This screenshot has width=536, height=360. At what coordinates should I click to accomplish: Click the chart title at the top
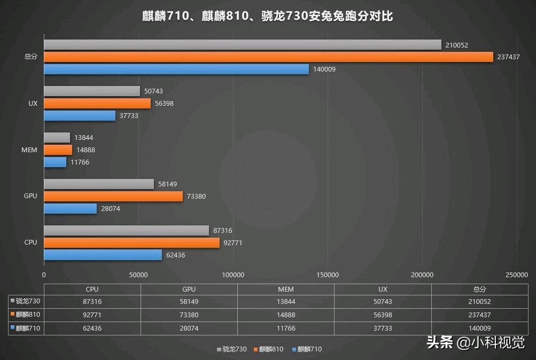(x=268, y=16)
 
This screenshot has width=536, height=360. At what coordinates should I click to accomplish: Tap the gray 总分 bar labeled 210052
(x=243, y=45)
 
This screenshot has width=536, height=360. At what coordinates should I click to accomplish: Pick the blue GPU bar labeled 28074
(x=70, y=209)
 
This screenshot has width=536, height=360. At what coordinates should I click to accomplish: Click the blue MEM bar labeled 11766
(x=55, y=162)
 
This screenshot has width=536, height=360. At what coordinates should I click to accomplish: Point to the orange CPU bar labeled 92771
(x=131, y=243)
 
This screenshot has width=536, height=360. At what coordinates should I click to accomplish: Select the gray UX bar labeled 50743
(x=92, y=91)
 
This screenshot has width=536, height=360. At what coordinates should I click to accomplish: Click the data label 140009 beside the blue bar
(x=324, y=69)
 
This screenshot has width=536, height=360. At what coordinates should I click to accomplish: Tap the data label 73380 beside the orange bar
(x=196, y=197)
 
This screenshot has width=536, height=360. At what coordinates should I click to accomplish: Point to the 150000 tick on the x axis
(x=328, y=275)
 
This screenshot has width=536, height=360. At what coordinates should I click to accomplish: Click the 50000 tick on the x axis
(x=138, y=275)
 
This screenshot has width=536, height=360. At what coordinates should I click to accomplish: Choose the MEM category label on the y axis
(x=29, y=150)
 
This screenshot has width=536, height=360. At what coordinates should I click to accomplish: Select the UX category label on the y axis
(x=33, y=104)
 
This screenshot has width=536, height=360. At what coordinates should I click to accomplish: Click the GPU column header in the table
(x=189, y=289)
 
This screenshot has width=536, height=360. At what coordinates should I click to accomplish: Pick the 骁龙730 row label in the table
(x=27, y=302)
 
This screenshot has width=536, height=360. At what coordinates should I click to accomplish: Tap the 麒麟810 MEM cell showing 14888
(x=286, y=315)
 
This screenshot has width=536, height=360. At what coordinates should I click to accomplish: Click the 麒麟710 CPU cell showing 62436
(x=92, y=328)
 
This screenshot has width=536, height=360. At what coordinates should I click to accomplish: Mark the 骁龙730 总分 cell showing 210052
(x=479, y=302)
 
